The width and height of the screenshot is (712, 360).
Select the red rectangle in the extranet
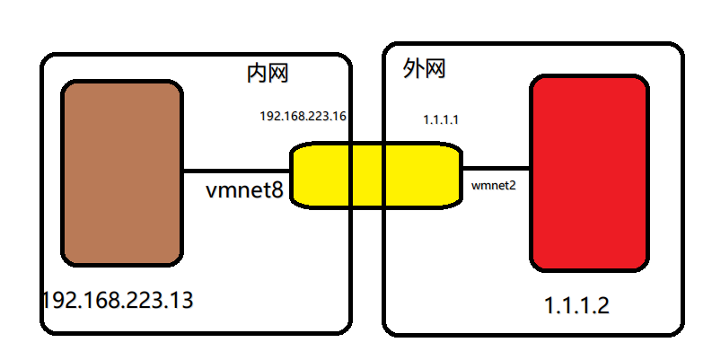(x=589, y=173)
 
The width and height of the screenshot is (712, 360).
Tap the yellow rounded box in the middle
(x=375, y=175)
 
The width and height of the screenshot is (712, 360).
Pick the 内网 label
(x=267, y=73)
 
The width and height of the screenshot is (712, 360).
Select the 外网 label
(x=425, y=68)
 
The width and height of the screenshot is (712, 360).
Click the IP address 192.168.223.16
(x=303, y=117)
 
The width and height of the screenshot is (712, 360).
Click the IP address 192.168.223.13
(x=117, y=300)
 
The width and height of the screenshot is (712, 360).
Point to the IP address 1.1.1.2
(x=576, y=305)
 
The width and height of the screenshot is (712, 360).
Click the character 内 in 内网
(x=257, y=73)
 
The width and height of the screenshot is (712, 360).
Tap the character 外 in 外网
(x=414, y=68)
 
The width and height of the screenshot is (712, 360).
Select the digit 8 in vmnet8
(x=278, y=190)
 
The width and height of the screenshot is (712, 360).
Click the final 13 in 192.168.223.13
(x=180, y=300)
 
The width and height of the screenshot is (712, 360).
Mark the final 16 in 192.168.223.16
(x=341, y=117)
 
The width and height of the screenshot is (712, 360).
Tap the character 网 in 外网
(x=435, y=68)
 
